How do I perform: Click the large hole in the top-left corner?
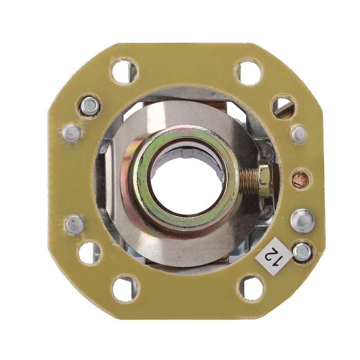[x=124, y=71]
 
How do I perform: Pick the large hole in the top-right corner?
[x=249, y=72]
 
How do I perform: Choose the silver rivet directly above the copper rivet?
[x=299, y=134]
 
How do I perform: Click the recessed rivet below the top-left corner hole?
[x=90, y=106]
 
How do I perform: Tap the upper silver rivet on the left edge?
[x=72, y=133]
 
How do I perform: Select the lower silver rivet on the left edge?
[x=75, y=224]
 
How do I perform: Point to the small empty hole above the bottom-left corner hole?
[x=90, y=252]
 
